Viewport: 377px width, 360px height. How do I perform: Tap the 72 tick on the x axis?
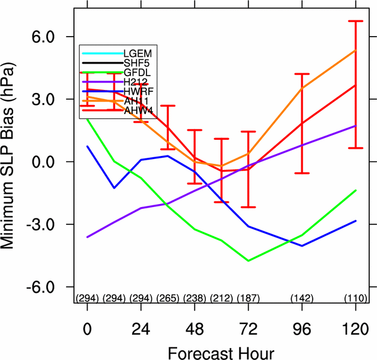point(248,330)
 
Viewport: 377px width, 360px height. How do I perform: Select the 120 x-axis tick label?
point(355,330)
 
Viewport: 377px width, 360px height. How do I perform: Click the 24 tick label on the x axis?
point(140,330)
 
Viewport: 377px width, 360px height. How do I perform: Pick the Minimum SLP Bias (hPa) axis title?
point(13,162)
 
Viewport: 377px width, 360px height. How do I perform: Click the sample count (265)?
point(167,298)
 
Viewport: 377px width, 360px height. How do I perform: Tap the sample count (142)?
point(301,298)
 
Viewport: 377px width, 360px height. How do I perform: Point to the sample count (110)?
point(355,298)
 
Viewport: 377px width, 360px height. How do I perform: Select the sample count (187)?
point(248,298)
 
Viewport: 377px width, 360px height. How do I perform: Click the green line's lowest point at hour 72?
point(248,261)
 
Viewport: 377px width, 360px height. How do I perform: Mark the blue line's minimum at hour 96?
point(301,245)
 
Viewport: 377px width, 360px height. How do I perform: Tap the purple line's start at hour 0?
point(87,237)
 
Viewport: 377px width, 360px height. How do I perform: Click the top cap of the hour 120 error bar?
point(355,21)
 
